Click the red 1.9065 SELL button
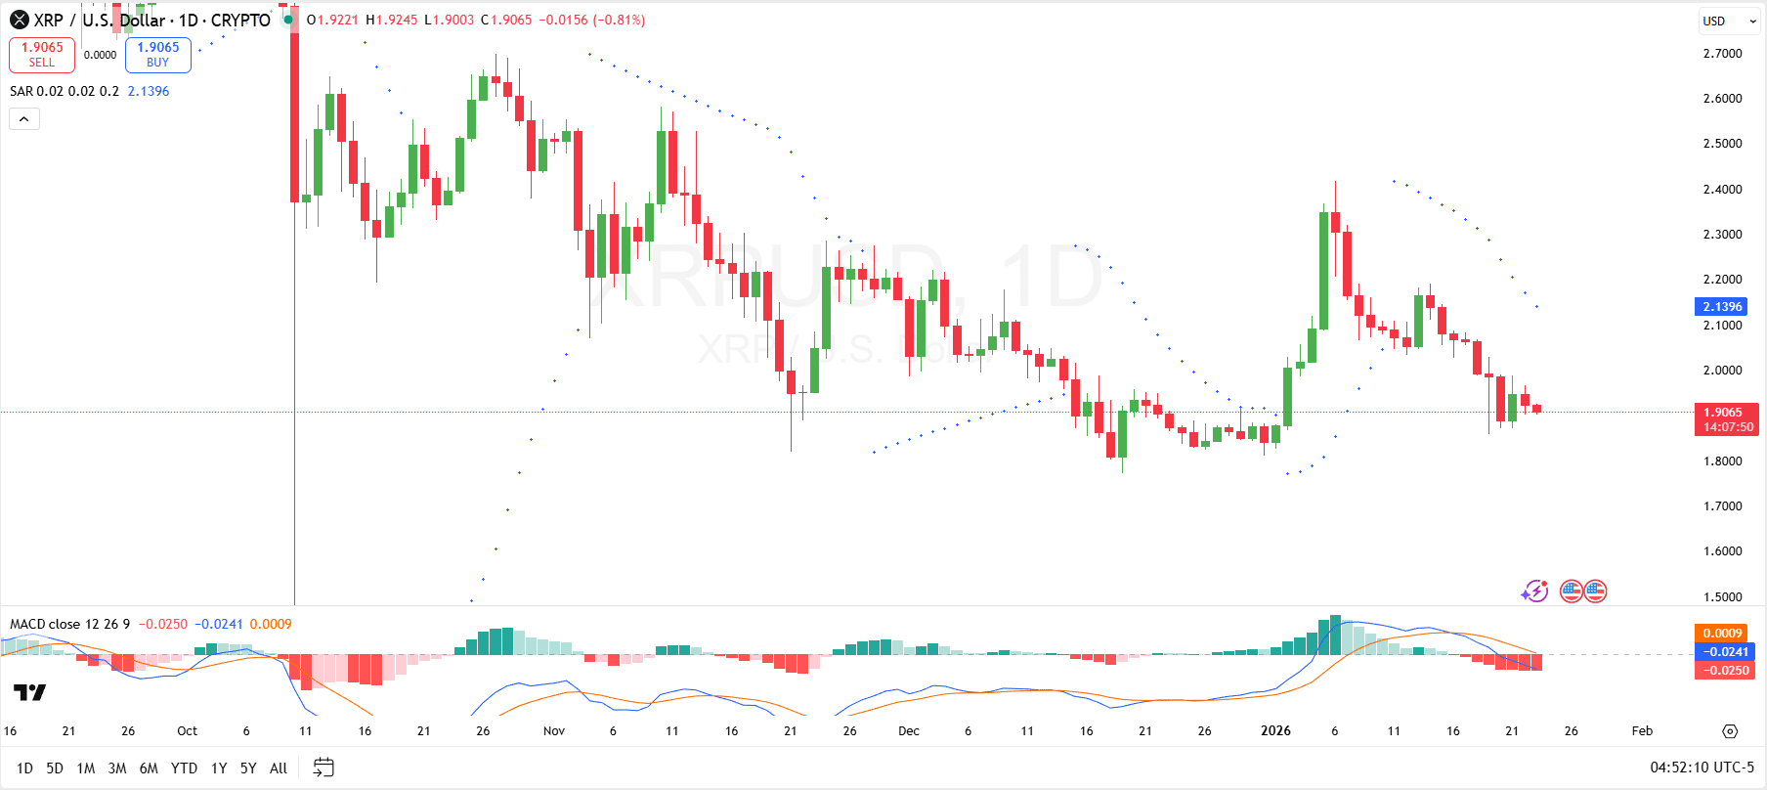pyautogui.click(x=42, y=55)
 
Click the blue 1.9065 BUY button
pyautogui.click(x=157, y=55)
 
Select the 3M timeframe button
pyautogui.click(x=117, y=768)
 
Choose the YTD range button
pyautogui.click(x=184, y=768)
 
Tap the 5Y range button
pyautogui.click(x=248, y=768)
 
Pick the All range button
pyautogui.click(x=279, y=768)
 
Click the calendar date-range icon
pyautogui.click(x=323, y=768)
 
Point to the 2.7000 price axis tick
pyautogui.click(x=1722, y=53)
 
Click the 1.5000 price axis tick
pyautogui.click(x=1722, y=596)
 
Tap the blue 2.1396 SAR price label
pyautogui.click(x=1723, y=306)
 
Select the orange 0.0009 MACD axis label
pyautogui.click(x=1722, y=634)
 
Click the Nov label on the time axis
pyautogui.click(x=554, y=730)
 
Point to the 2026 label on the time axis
pyautogui.click(x=1275, y=730)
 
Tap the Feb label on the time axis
pyautogui.click(x=1642, y=730)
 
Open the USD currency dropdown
pyautogui.click(x=1729, y=21)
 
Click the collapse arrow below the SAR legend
pyautogui.click(x=24, y=119)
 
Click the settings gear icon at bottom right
pyautogui.click(x=1730, y=731)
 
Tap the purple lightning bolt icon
pyautogui.click(x=1534, y=592)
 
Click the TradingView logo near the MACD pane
pyautogui.click(x=29, y=692)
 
